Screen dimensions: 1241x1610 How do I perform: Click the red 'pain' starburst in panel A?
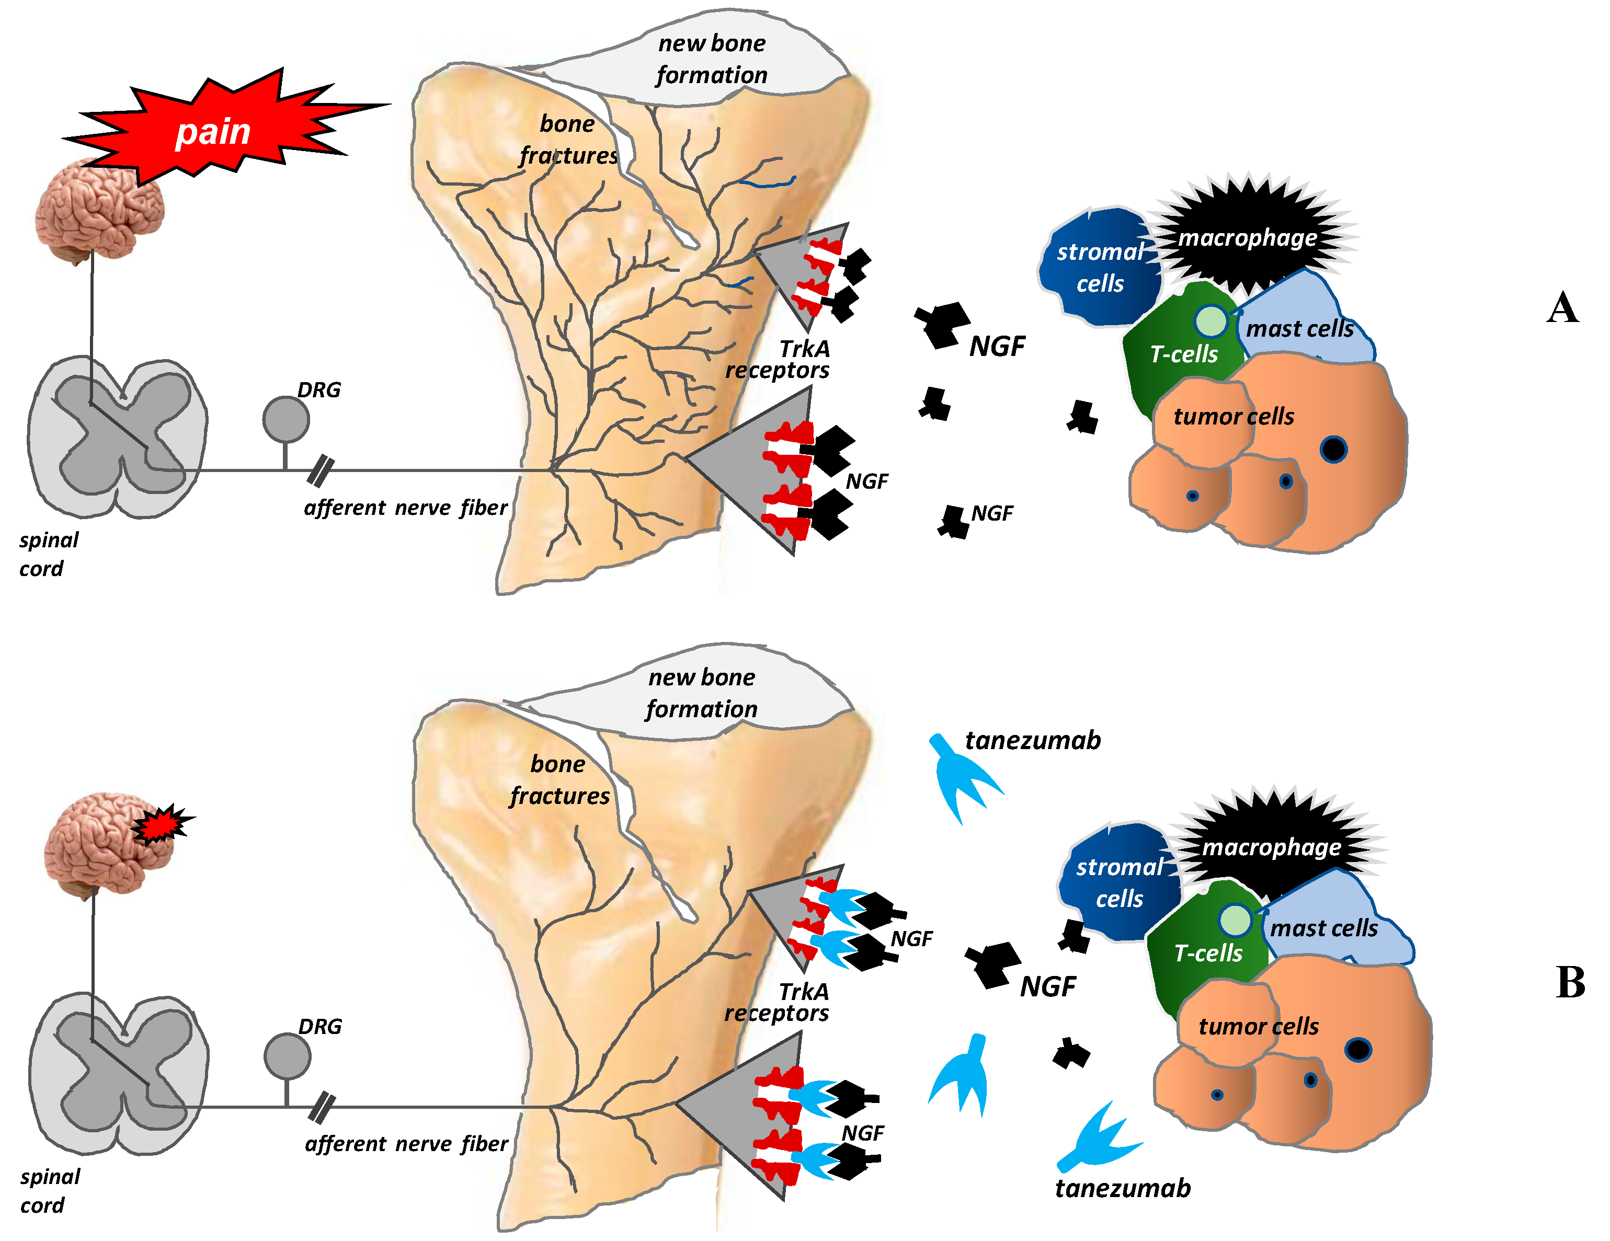pyautogui.click(x=214, y=131)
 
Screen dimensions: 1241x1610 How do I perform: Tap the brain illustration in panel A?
pyautogui.click(x=99, y=211)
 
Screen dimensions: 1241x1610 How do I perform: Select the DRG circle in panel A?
pyautogui.click(x=286, y=419)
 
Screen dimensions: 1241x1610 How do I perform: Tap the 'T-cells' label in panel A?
pyautogui.click(x=1184, y=354)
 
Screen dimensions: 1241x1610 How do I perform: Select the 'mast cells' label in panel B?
pyautogui.click(x=1323, y=928)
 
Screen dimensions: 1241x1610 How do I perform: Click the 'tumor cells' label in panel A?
pyautogui.click(x=1234, y=417)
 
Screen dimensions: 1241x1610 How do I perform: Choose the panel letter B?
pyautogui.click(x=1570, y=982)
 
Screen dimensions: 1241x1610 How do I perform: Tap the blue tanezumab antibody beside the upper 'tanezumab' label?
pyautogui.click(x=962, y=777)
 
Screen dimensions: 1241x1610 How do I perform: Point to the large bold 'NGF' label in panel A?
pyautogui.click(x=997, y=347)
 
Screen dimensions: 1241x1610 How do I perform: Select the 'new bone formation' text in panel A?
pyautogui.click(x=711, y=59)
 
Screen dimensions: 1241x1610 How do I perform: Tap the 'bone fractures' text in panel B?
pyautogui.click(x=559, y=780)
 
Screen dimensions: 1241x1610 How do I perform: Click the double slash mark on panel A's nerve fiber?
pyautogui.click(x=320, y=472)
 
